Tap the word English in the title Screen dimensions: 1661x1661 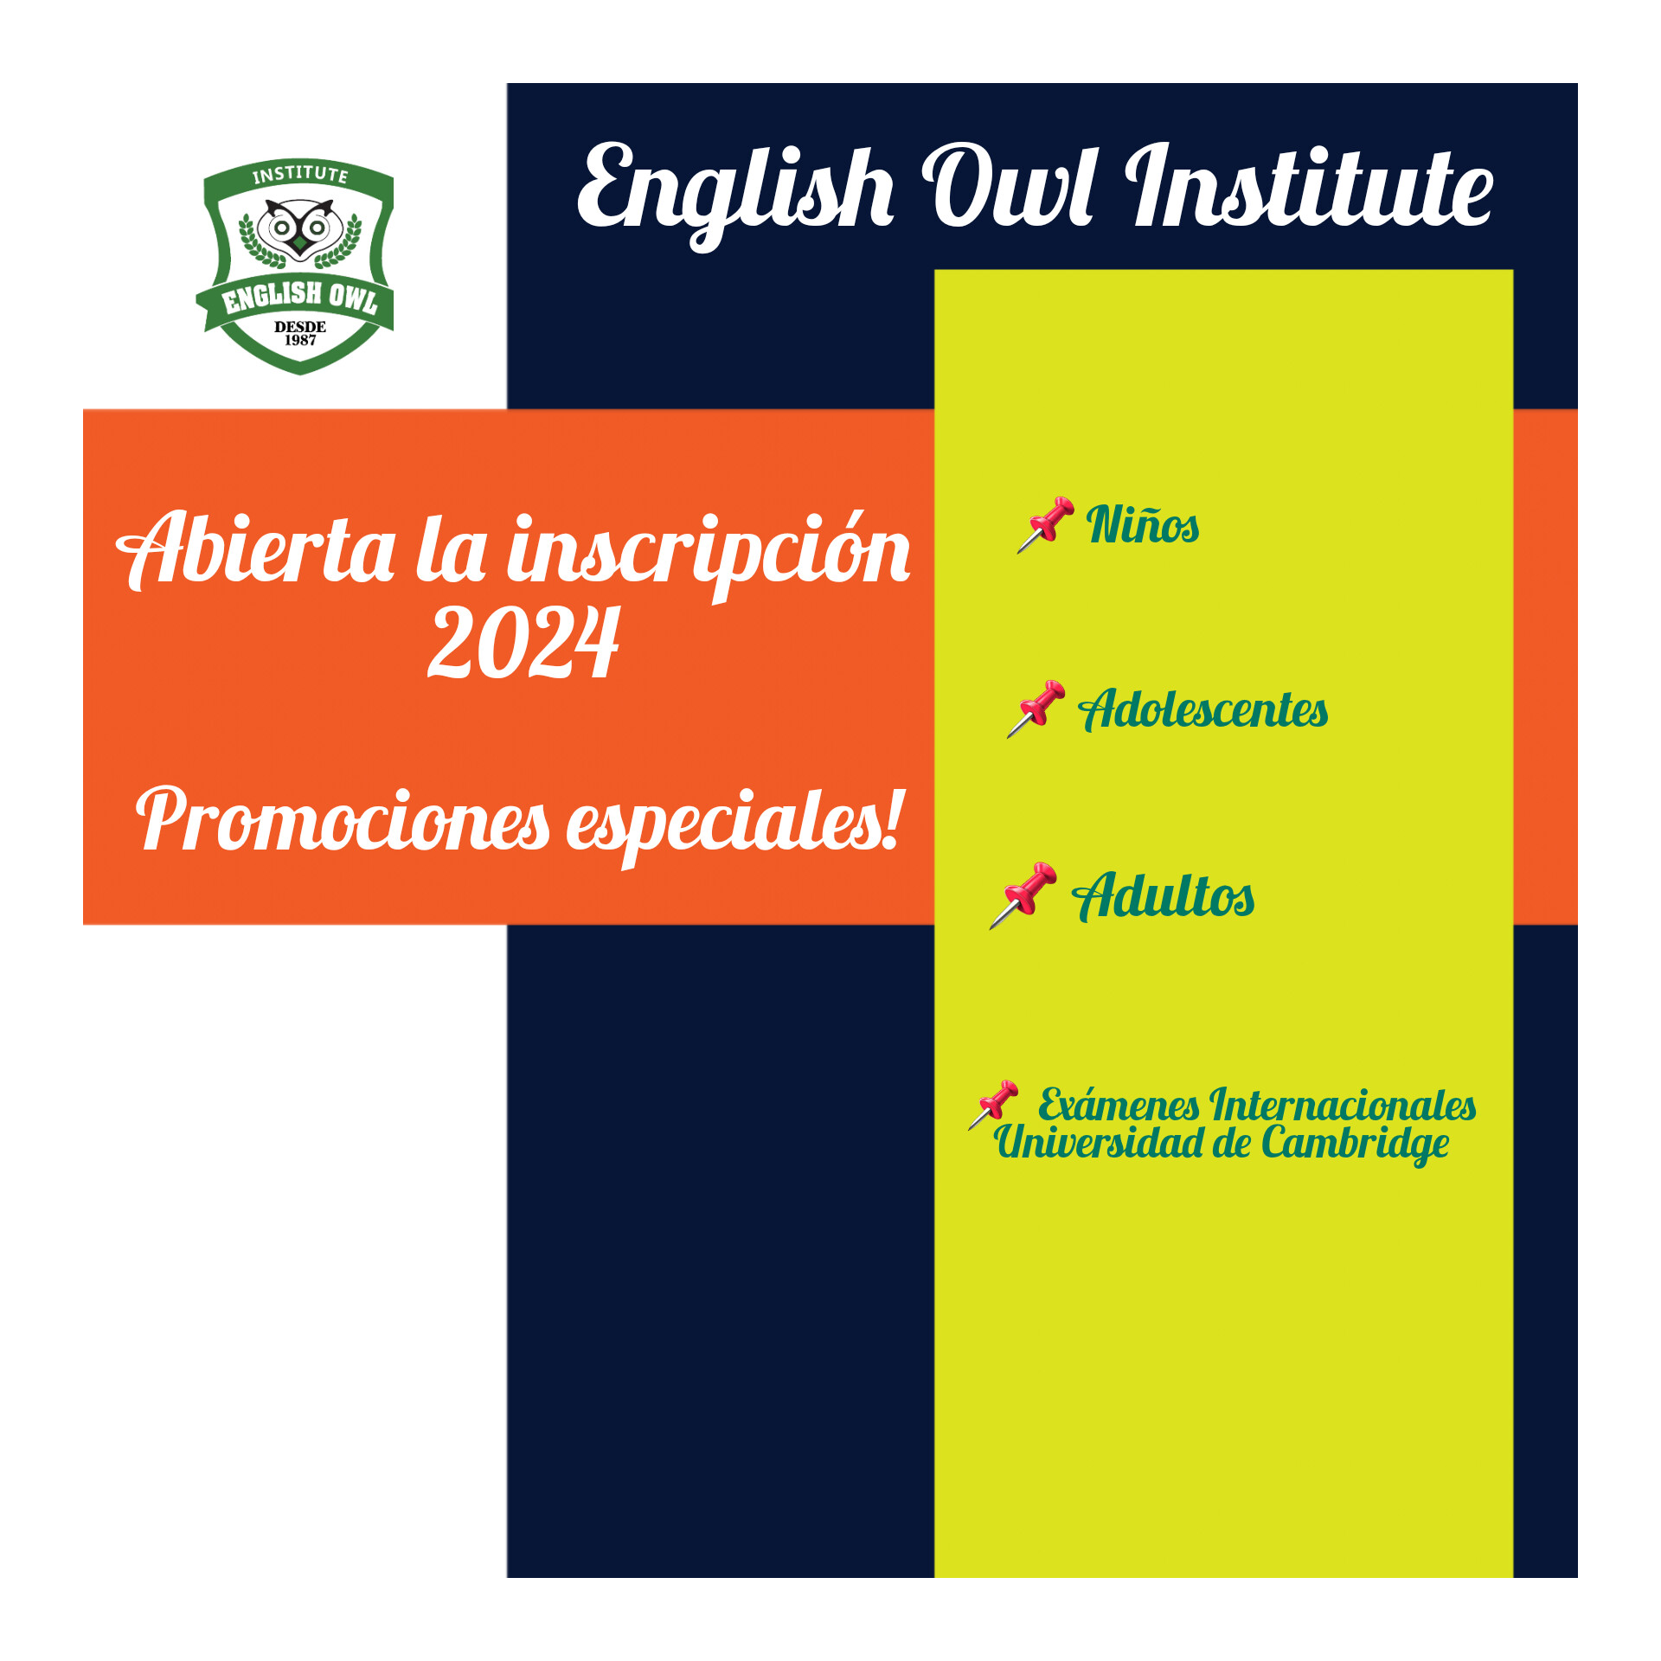click(735, 196)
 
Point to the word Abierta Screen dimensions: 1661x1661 click(256, 550)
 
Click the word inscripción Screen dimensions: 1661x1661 click(709, 555)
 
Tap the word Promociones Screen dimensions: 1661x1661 click(343, 819)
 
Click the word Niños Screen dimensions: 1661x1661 click(1143, 524)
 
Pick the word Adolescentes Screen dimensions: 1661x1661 click(1202, 709)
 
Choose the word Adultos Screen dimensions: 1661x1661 click(1164, 895)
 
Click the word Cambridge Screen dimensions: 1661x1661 click(1355, 1145)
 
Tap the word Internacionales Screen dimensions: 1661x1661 click(1343, 1105)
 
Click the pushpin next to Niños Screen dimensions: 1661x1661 click(1046, 524)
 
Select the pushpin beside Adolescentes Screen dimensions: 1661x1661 click(1036, 709)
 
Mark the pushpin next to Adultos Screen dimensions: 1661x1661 click(1023, 895)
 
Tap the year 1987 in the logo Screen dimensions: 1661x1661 click(300, 340)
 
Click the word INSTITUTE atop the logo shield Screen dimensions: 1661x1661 click(300, 174)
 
